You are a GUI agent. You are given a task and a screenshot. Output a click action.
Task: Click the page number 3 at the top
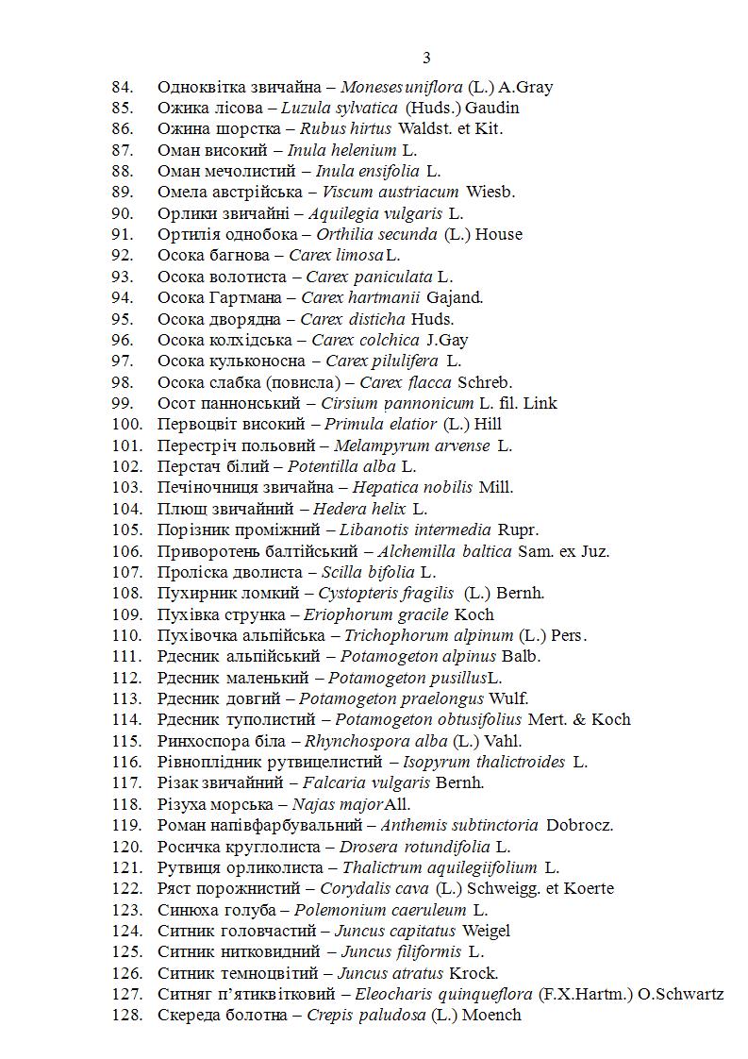[426, 59]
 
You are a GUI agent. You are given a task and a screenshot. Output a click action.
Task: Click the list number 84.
[123, 87]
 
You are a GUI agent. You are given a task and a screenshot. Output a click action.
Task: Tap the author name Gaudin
[491, 108]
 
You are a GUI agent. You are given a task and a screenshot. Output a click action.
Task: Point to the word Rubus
[321, 128]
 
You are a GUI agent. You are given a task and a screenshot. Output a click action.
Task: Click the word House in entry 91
[498, 234]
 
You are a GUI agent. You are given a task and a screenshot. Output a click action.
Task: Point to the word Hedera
[341, 509]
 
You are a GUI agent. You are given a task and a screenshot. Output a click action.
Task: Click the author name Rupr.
[518, 529]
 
